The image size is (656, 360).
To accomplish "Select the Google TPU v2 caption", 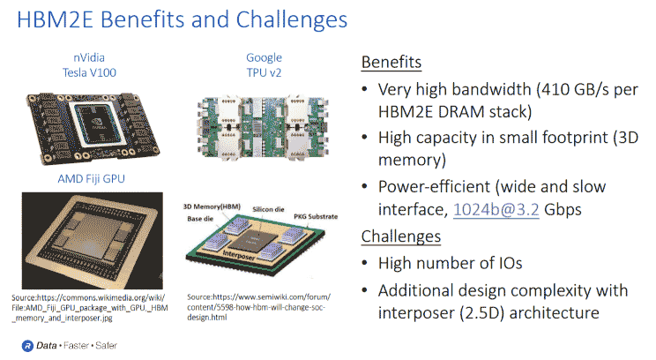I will point(264,65).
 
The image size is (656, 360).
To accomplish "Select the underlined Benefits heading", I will point(391,64).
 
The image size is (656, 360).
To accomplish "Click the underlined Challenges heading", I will point(400,236).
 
